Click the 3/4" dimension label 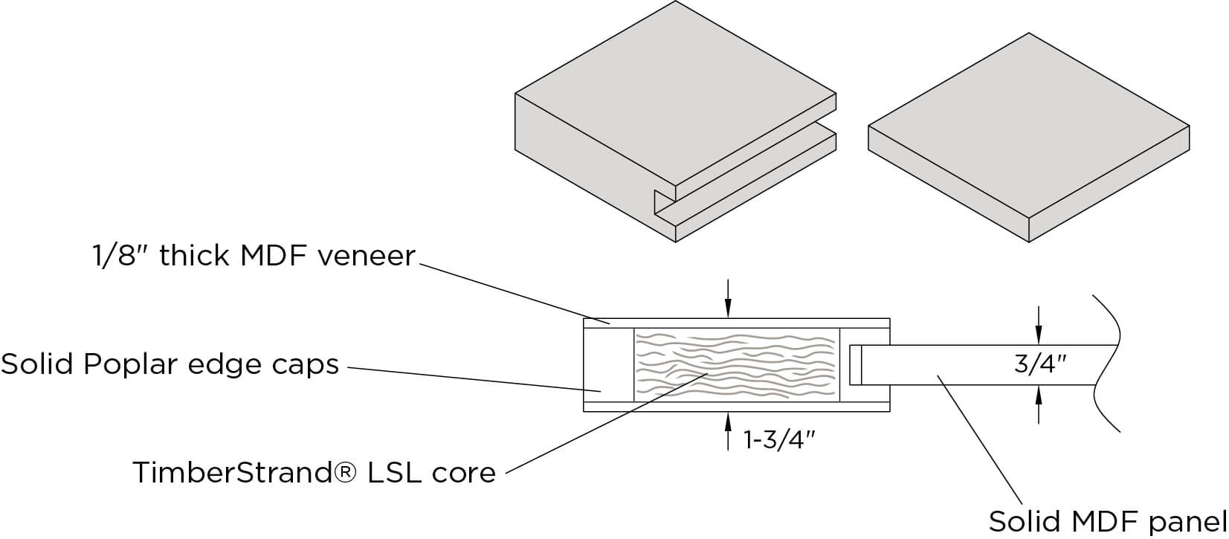[1040, 364]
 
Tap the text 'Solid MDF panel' [1108, 520]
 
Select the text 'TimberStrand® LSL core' [314, 473]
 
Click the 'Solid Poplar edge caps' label [170, 365]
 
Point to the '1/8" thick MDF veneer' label [253, 256]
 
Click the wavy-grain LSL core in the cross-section [736, 364]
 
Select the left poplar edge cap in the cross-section [608, 364]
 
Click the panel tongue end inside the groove [855, 364]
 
